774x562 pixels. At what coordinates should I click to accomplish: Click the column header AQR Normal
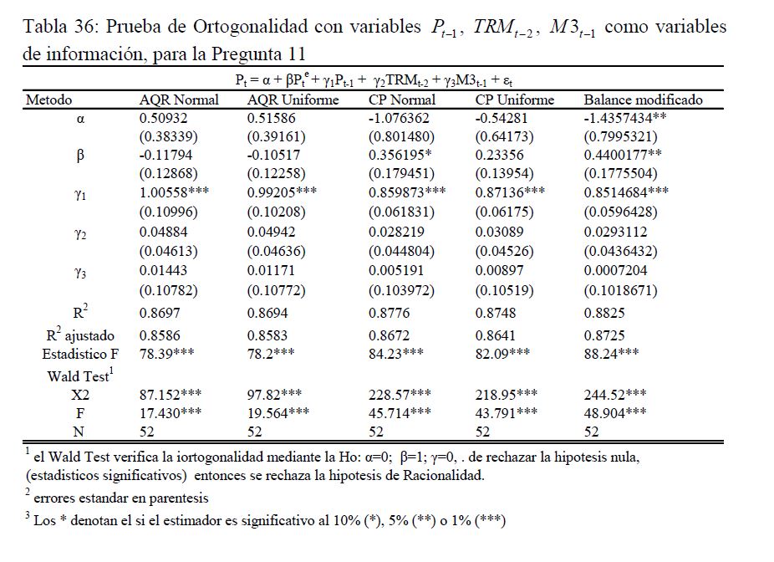pos(179,100)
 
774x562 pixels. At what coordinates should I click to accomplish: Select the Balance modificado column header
pos(643,100)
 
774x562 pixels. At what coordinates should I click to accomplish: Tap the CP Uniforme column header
pos(515,100)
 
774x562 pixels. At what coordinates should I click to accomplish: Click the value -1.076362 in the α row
pos(400,119)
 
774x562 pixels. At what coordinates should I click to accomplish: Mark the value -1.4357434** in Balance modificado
pos(631,119)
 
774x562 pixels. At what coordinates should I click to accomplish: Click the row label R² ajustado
pos(80,335)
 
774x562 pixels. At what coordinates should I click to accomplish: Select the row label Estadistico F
pos(80,355)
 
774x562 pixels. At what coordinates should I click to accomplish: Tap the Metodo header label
pos(48,100)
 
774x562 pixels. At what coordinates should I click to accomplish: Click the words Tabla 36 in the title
pos(59,28)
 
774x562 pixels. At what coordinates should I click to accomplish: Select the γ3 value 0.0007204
pos(614,270)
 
